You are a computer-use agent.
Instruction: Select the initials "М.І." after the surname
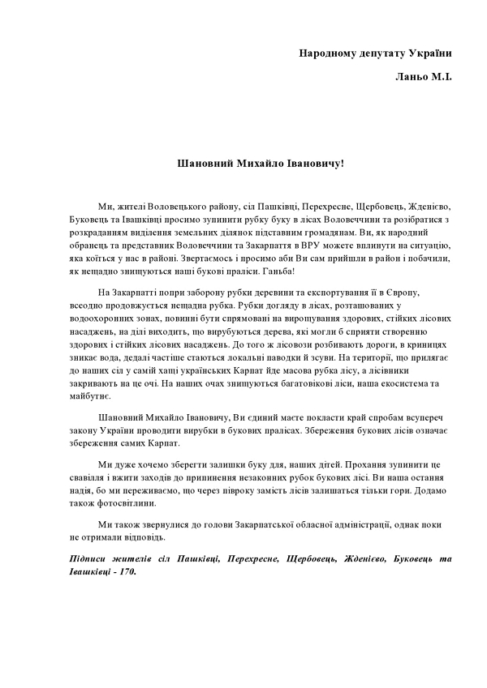point(441,78)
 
